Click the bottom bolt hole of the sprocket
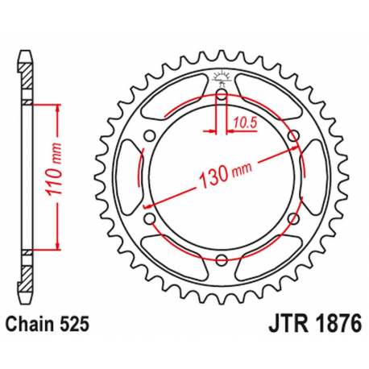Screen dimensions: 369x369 (220, 259)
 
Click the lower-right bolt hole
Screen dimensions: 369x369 (291, 218)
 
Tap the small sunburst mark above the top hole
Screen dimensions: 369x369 (220, 78)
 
